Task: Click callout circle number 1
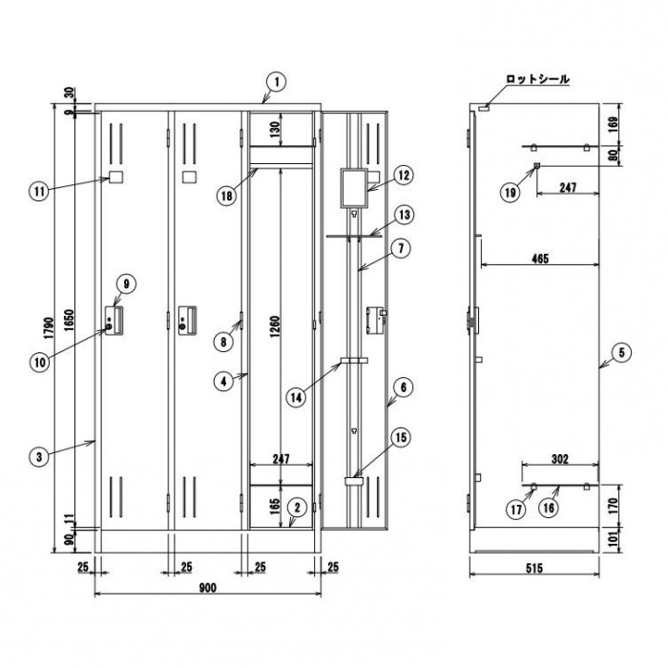pos(277,82)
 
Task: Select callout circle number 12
pos(404,175)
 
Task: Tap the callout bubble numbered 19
pos(510,193)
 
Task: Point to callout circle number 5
pos(621,353)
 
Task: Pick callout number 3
pos(39,457)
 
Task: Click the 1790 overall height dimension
pos(50,328)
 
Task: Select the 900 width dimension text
pos(207,588)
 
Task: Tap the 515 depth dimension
pos(533,568)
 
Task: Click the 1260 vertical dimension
pos(275,327)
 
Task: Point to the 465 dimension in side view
pos(540,259)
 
